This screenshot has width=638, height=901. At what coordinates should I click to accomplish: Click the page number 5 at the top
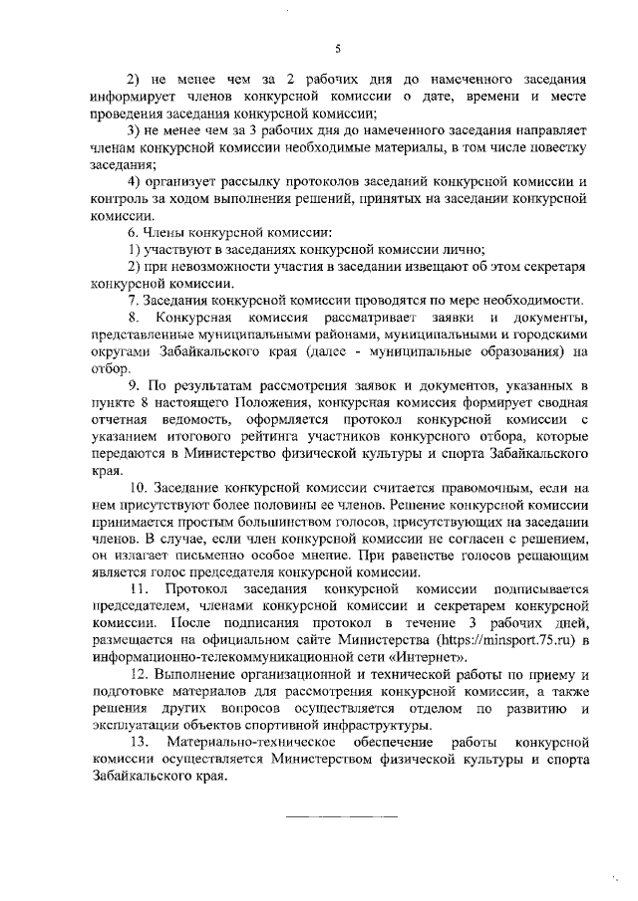[338, 48]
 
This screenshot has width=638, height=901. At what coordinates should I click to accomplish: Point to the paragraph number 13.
[138, 744]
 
